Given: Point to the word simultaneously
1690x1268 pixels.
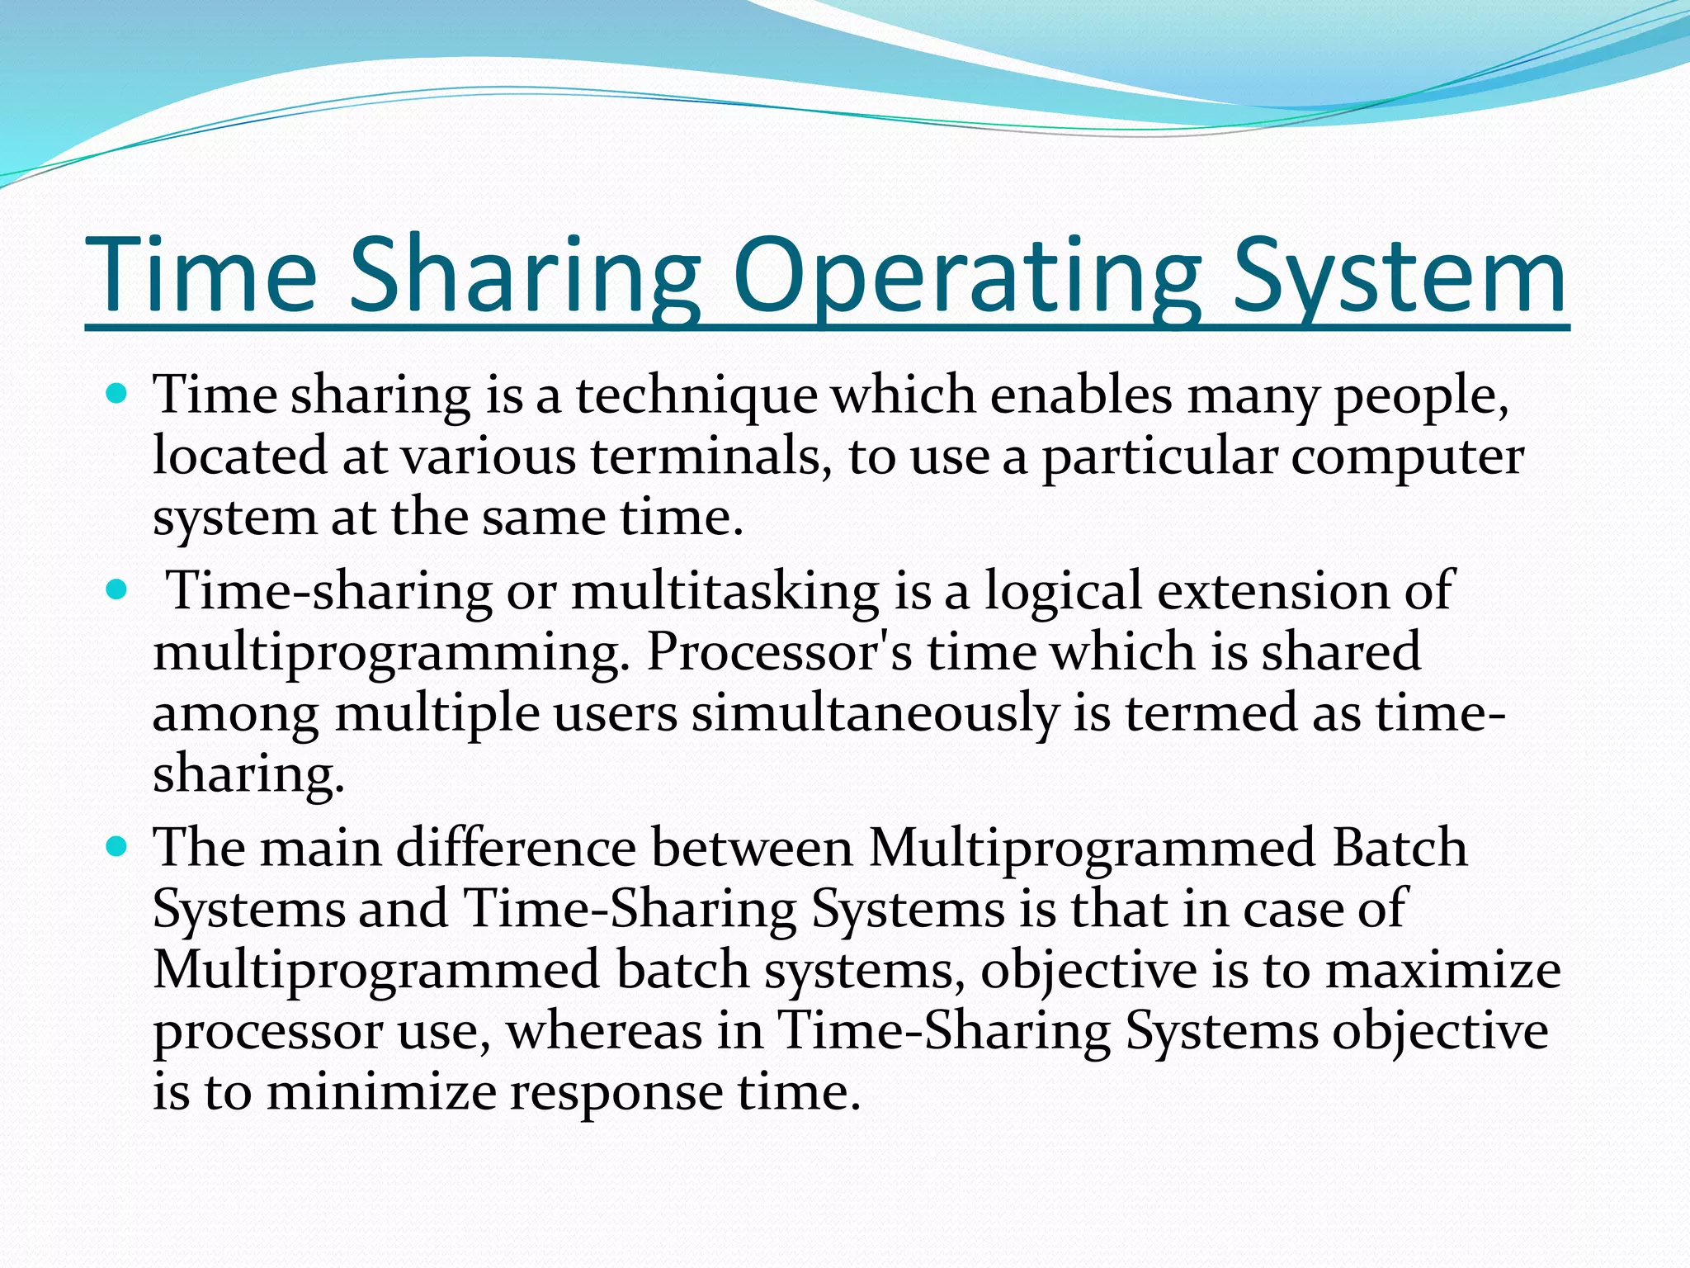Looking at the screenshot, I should [x=874, y=714].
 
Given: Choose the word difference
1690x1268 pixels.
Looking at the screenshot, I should [x=516, y=849].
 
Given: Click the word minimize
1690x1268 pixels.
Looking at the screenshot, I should [x=380, y=1092].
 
